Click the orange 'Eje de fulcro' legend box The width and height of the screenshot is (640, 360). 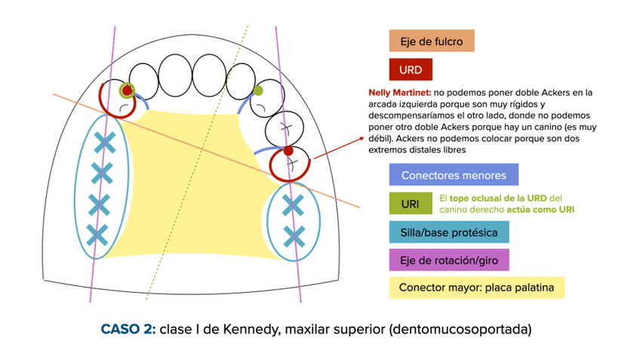[x=431, y=41]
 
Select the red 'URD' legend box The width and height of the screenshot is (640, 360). [x=411, y=70]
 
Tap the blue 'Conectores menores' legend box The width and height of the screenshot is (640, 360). [x=454, y=176]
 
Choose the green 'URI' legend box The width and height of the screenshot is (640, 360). [x=410, y=204]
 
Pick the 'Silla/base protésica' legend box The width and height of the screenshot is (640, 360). [x=448, y=232]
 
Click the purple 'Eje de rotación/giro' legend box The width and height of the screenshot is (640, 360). [x=448, y=260]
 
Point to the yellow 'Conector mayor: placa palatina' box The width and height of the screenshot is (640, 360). [x=476, y=288]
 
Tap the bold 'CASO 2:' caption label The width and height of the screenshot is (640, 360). [x=128, y=329]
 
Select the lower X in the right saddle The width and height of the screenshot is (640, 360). [x=293, y=236]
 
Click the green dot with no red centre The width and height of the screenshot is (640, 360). [x=257, y=91]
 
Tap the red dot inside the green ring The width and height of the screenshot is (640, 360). [x=128, y=90]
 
